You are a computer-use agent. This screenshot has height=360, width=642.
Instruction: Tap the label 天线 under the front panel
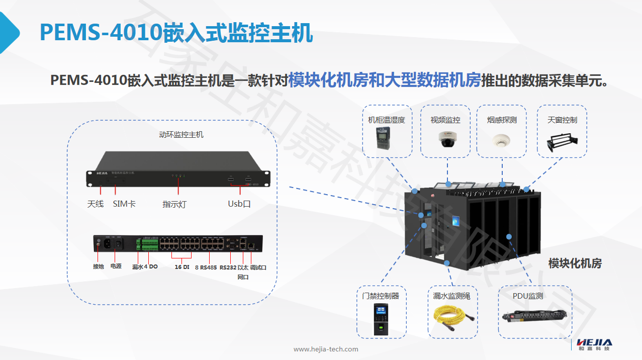95,204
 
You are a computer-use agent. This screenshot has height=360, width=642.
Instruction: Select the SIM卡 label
124,204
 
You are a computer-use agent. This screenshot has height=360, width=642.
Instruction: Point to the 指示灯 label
174,204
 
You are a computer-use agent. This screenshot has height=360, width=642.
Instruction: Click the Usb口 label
239,204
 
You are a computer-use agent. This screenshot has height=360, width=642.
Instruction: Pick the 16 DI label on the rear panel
181,267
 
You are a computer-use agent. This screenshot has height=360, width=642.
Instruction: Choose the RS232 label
228,267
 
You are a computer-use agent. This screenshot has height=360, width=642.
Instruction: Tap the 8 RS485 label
206,267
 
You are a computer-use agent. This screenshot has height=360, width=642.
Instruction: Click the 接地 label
98,266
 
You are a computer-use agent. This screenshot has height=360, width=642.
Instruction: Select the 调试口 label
258,267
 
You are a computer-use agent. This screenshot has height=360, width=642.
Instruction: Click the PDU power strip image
535,316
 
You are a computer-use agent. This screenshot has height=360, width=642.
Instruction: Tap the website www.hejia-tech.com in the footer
326,349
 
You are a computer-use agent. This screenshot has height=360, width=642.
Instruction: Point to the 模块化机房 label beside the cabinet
575,263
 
